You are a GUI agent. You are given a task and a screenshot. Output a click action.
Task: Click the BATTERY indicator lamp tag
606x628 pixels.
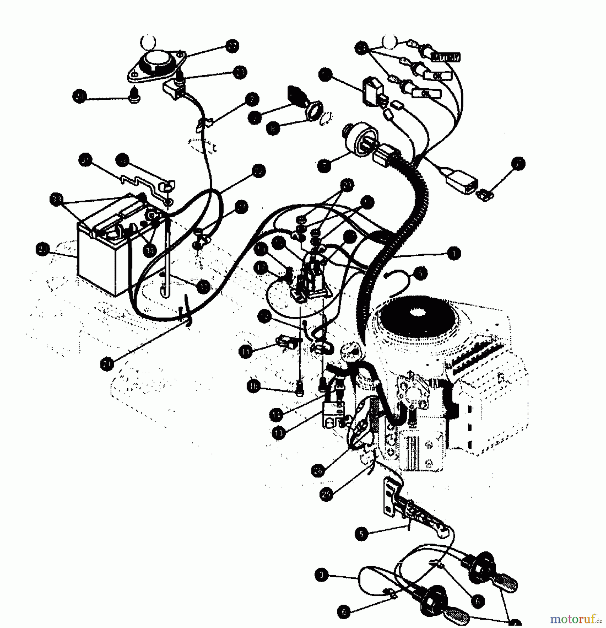(446, 57)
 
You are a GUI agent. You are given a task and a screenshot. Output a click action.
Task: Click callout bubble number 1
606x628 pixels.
(453, 254)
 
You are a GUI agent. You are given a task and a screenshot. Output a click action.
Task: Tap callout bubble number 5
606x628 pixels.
(361, 534)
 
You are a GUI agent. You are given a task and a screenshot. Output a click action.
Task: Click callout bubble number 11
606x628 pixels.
(245, 352)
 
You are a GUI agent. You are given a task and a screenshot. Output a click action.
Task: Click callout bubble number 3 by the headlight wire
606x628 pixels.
(321, 575)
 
